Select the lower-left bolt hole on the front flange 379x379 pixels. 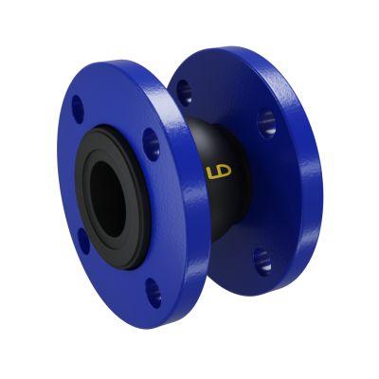pos(82,239)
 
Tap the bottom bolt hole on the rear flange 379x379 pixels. pos(262,261)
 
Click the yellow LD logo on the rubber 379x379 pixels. pos(217,173)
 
